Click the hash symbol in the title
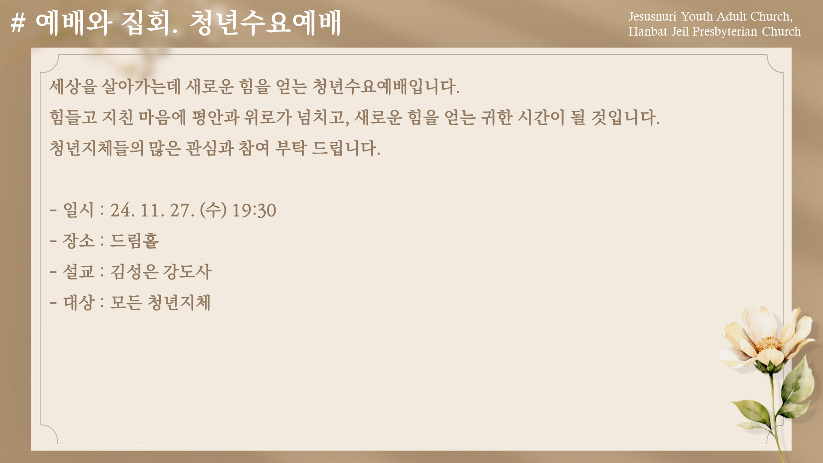click(18, 23)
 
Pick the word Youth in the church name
click(697, 16)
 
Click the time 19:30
click(254, 210)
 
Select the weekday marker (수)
click(213, 210)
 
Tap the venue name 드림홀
click(135, 241)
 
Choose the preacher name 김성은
click(135, 271)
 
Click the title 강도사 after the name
click(187, 271)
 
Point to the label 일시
click(78, 210)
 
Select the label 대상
click(78, 302)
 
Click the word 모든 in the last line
click(126, 302)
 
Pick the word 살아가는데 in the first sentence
click(141, 86)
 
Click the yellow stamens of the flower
click(768, 343)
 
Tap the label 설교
click(78, 271)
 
